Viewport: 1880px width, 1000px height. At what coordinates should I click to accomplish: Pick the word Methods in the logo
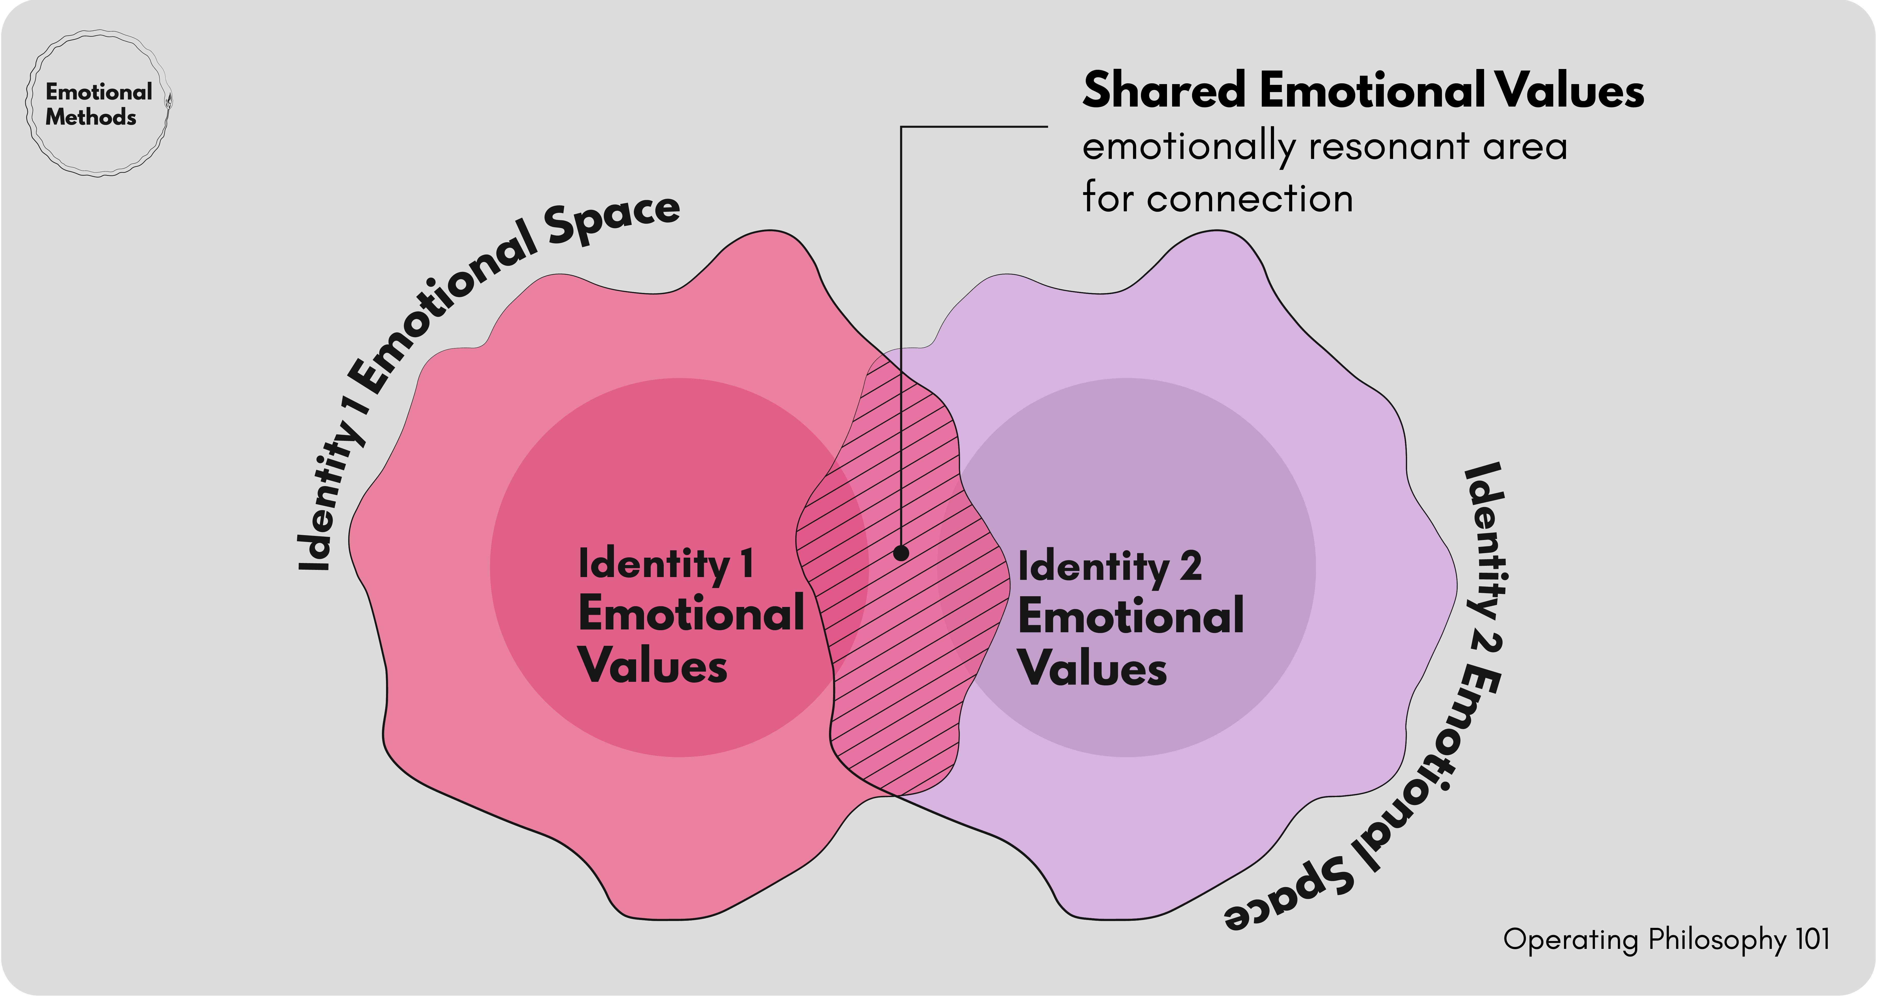click(x=90, y=118)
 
